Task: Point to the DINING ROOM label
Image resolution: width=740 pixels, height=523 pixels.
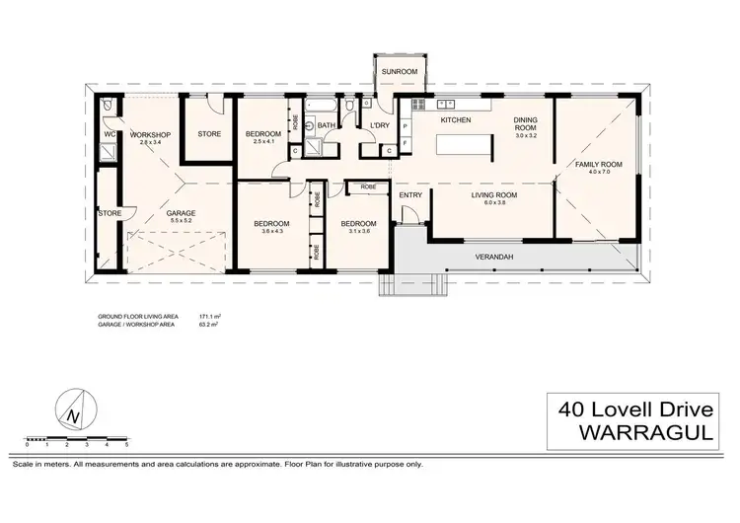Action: coord(524,123)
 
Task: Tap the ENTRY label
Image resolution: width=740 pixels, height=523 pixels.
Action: coord(410,195)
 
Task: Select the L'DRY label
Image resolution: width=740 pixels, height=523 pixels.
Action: coord(379,126)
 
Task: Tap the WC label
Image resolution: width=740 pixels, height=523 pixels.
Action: coord(110,134)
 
